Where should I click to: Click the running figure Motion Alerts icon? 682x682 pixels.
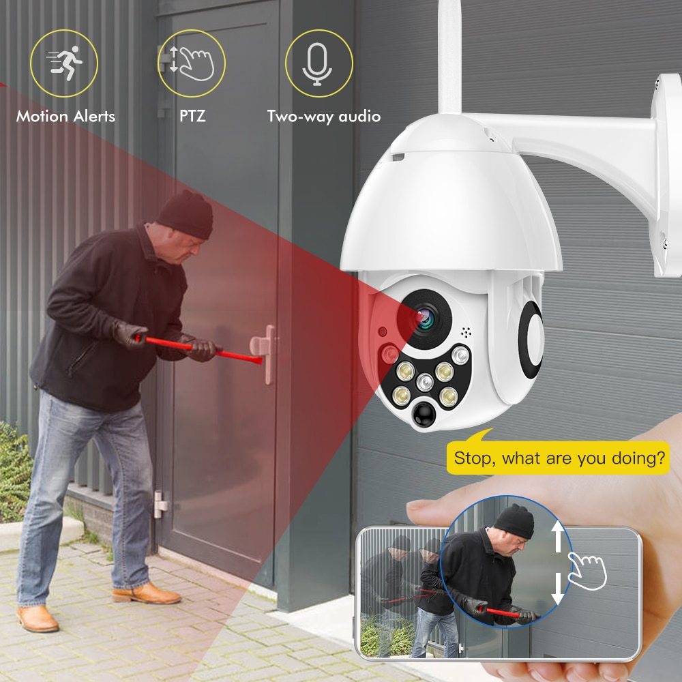click(x=64, y=63)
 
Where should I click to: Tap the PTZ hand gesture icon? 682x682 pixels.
click(x=192, y=63)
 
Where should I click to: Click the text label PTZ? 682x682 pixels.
click(x=192, y=116)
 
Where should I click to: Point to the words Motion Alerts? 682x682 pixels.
click(x=65, y=116)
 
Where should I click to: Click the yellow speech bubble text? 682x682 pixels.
click(x=559, y=458)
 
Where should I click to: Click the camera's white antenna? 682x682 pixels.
click(x=449, y=57)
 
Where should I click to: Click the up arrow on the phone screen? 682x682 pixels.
click(x=558, y=536)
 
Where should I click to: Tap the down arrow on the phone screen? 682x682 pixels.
click(x=558, y=589)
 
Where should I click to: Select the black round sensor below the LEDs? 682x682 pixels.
click(x=424, y=414)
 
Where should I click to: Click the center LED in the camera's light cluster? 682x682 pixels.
click(x=424, y=383)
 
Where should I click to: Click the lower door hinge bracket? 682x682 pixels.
click(x=160, y=504)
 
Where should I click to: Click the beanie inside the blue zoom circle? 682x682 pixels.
click(x=514, y=520)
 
